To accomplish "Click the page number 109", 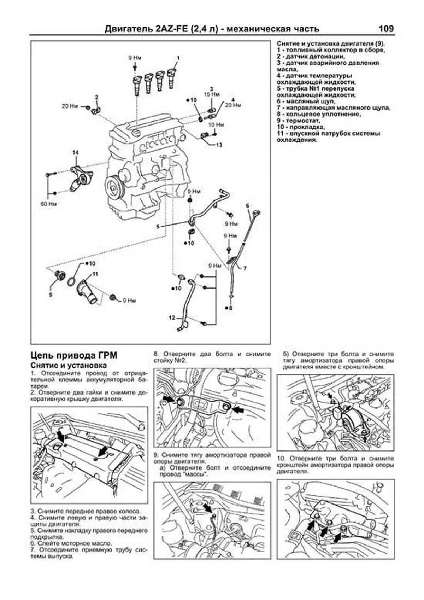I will (x=385, y=29).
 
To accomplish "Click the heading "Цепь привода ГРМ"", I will (x=74, y=355).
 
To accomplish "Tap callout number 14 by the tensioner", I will (x=75, y=152).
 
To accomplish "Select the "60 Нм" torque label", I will (x=49, y=204).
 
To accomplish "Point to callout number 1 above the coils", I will (x=178, y=57).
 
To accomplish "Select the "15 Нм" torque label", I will (x=211, y=94).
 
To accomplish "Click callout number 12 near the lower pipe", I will (x=172, y=318).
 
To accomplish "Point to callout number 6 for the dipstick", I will (x=247, y=205).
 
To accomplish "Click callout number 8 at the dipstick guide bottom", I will (x=231, y=308).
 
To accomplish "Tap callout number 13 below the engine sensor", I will (x=219, y=145).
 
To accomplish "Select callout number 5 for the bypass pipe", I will (x=158, y=226).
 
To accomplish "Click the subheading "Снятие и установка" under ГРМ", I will (x=69, y=365).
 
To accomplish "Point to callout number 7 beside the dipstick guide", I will (x=245, y=268).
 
